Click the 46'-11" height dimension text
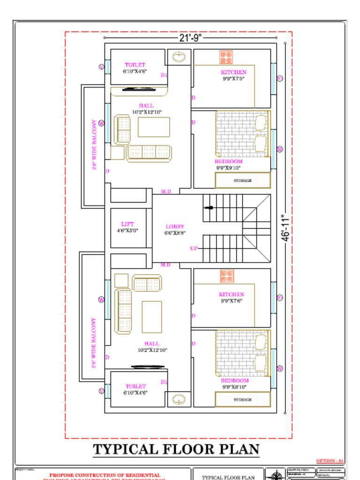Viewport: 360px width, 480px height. click(285, 228)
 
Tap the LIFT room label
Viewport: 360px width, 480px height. click(127, 225)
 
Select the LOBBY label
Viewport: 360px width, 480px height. click(175, 227)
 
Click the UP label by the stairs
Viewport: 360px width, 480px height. click(194, 248)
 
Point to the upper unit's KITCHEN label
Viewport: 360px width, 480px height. click(233, 72)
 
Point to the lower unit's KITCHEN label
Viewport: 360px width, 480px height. click(232, 294)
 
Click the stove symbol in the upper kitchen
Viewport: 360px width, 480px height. click(226, 57)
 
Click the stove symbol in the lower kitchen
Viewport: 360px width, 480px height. click(227, 276)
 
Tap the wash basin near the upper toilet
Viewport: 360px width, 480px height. click(179, 57)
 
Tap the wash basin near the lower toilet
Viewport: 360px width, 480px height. click(179, 399)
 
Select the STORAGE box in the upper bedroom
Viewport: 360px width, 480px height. click(243, 180)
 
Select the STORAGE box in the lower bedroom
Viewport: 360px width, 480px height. click(243, 400)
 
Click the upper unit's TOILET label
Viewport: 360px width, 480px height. click(135, 65)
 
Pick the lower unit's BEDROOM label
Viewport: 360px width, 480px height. click(235, 381)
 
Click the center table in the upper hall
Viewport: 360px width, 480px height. click(154, 127)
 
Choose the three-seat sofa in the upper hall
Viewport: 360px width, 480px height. click(149, 153)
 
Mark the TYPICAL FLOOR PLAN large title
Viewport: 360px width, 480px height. click(176, 450)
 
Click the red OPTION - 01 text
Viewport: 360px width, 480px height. click(330, 461)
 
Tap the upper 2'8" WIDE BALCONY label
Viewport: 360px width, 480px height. click(94, 145)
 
